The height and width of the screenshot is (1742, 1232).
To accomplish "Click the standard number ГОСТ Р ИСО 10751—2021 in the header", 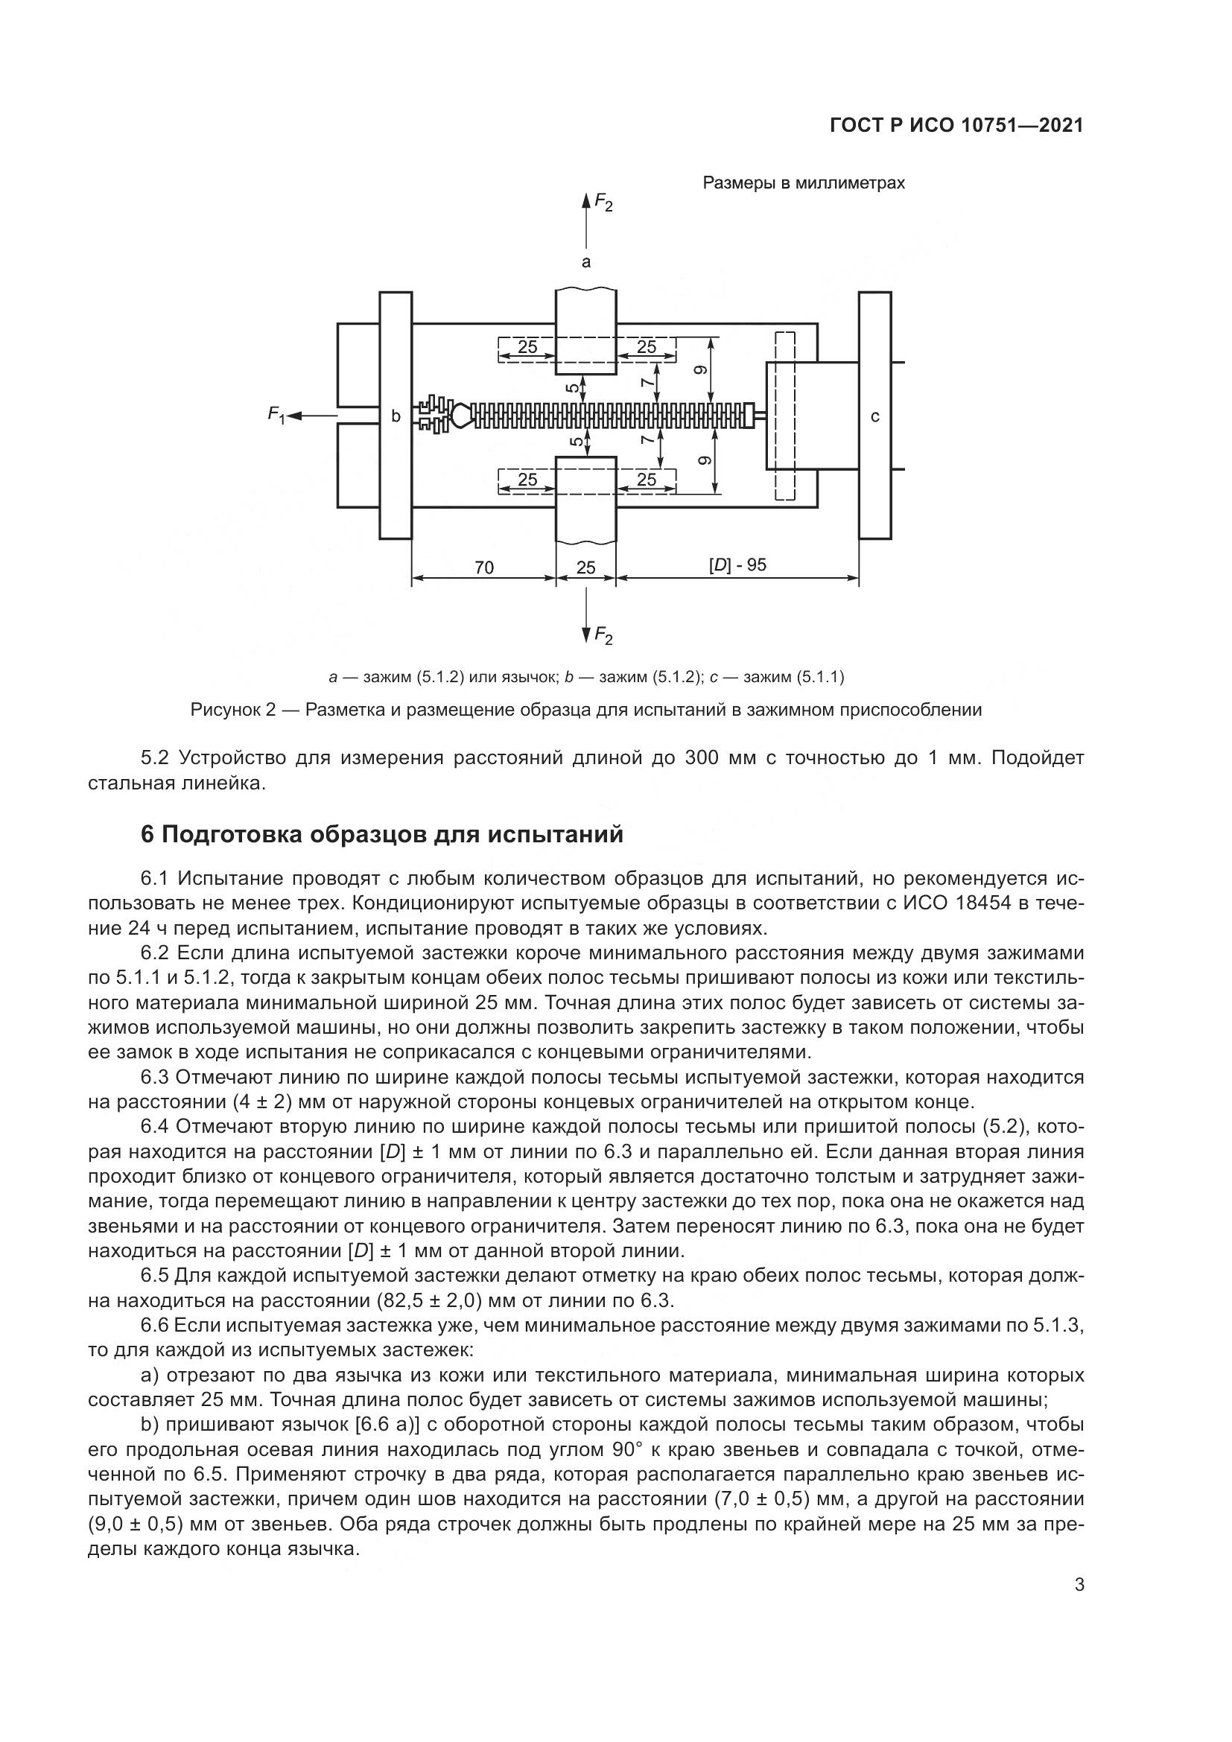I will pos(956,125).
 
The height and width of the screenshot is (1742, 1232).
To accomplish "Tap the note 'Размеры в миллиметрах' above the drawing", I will pos(804,184).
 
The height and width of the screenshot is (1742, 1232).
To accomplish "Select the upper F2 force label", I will pos(603,202).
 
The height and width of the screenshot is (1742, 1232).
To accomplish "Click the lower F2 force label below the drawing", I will pos(603,635).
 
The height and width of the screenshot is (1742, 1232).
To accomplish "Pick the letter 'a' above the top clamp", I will pos(585,262).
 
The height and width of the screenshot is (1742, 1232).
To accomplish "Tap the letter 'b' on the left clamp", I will pos(396,416).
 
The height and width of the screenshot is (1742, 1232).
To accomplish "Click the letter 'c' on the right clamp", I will pos(874,416).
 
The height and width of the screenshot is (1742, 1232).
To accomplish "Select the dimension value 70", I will pos(483,568).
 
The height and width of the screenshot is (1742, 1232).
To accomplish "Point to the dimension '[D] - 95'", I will pos(737,565).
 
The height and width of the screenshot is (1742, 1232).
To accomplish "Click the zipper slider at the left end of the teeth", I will pos(460,415).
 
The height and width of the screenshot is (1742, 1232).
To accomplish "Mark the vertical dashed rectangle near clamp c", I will pos(785,416).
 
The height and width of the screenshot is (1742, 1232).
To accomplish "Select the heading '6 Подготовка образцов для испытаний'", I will pos(381,835).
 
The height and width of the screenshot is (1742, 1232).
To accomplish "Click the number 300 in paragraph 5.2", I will pos(702,758).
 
